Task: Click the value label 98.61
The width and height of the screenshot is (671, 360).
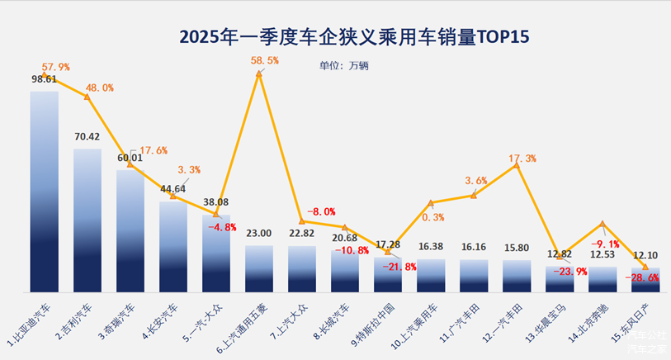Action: [x=45, y=79]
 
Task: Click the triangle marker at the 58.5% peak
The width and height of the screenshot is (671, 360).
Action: [x=259, y=74]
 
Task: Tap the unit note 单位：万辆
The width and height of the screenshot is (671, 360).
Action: [x=346, y=65]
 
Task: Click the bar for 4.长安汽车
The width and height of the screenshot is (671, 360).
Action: [x=173, y=246]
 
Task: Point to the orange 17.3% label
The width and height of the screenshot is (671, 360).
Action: [x=522, y=158]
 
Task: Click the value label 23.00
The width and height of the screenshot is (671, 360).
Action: [x=259, y=234]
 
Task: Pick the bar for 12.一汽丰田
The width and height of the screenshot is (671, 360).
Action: [x=517, y=276]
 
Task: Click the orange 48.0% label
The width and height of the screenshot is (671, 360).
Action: [x=99, y=88]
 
